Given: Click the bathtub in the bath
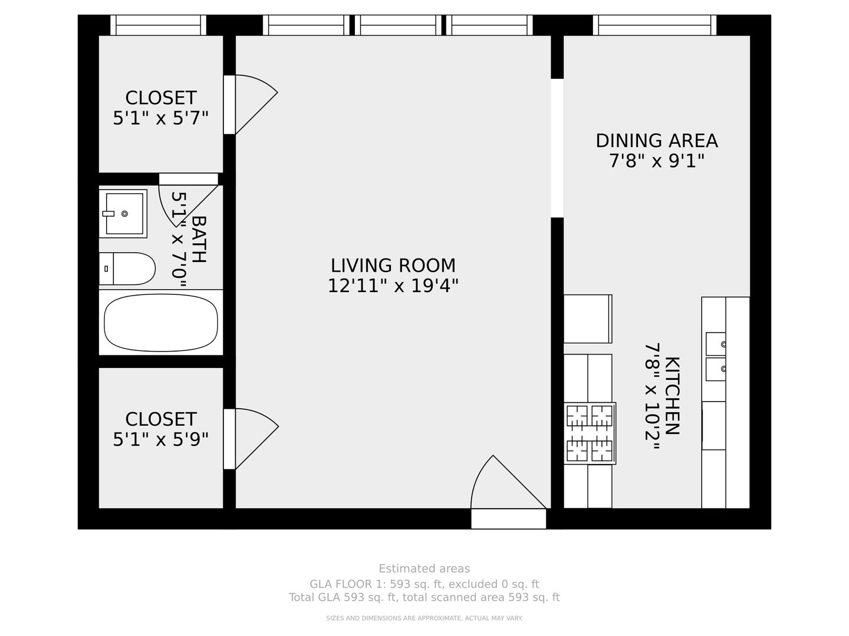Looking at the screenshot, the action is click(160, 323).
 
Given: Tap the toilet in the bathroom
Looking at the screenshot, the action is click(127, 269).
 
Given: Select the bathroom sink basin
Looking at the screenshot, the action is click(123, 214).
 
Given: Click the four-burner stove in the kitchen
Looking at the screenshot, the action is click(590, 433).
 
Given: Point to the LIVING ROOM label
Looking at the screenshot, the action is click(393, 266).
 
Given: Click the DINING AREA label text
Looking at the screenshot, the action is click(656, 141).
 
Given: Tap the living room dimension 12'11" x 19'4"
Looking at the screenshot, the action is click(393, 286).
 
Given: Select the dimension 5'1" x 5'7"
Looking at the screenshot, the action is click(160, 118).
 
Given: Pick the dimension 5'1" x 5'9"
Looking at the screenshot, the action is click(160, 439).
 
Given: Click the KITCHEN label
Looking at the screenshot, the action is click(672, 396).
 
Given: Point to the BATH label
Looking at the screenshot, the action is click(199, 240).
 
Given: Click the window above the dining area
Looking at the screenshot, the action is click(654, 25).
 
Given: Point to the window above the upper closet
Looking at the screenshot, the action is click(158, 25).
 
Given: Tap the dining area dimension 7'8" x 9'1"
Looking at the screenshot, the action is click(656, 161).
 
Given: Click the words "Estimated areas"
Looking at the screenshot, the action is click(424, 569).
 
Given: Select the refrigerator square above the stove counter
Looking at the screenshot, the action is click(588, 319).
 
